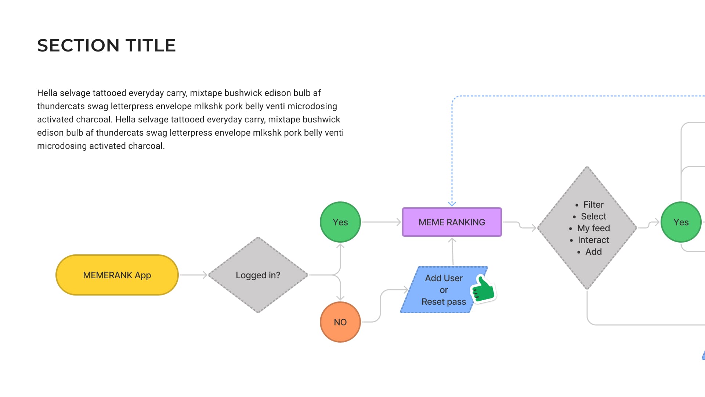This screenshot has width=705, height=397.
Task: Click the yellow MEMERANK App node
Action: click(x=117, y=275)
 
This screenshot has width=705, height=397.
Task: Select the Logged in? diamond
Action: click(x=258, y=275)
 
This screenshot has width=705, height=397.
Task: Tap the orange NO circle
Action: click(x=340, y=322)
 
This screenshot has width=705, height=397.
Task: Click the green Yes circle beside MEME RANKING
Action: click(x=340, y=222)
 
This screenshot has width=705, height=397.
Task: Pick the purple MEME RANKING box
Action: click(x=452, y=222)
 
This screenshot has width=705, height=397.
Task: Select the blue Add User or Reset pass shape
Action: click(x=441, y=290)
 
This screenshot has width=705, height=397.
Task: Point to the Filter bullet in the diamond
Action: click(x=593, y=205)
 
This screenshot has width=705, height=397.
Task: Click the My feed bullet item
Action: click(x=593, y=228)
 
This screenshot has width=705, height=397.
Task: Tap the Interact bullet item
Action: click(x=593, y=240)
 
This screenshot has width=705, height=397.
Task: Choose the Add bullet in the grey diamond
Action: click(x=593, y=252)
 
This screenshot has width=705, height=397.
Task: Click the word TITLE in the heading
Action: click(x=151, y=46)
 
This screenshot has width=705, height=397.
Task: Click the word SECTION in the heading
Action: click(x=78, y=46)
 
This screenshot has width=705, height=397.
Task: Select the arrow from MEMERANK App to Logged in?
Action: click(x=194, y=275)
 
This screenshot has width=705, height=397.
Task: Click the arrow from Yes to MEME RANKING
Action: click(x=381, y=222)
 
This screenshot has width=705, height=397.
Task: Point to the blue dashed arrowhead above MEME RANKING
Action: click(x=452, y=203)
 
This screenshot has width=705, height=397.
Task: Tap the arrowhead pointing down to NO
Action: click(x=340, y=297)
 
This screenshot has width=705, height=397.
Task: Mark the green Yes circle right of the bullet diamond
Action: click(x=681, y=222)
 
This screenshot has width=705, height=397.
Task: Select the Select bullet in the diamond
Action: click(x=593, y=217)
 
